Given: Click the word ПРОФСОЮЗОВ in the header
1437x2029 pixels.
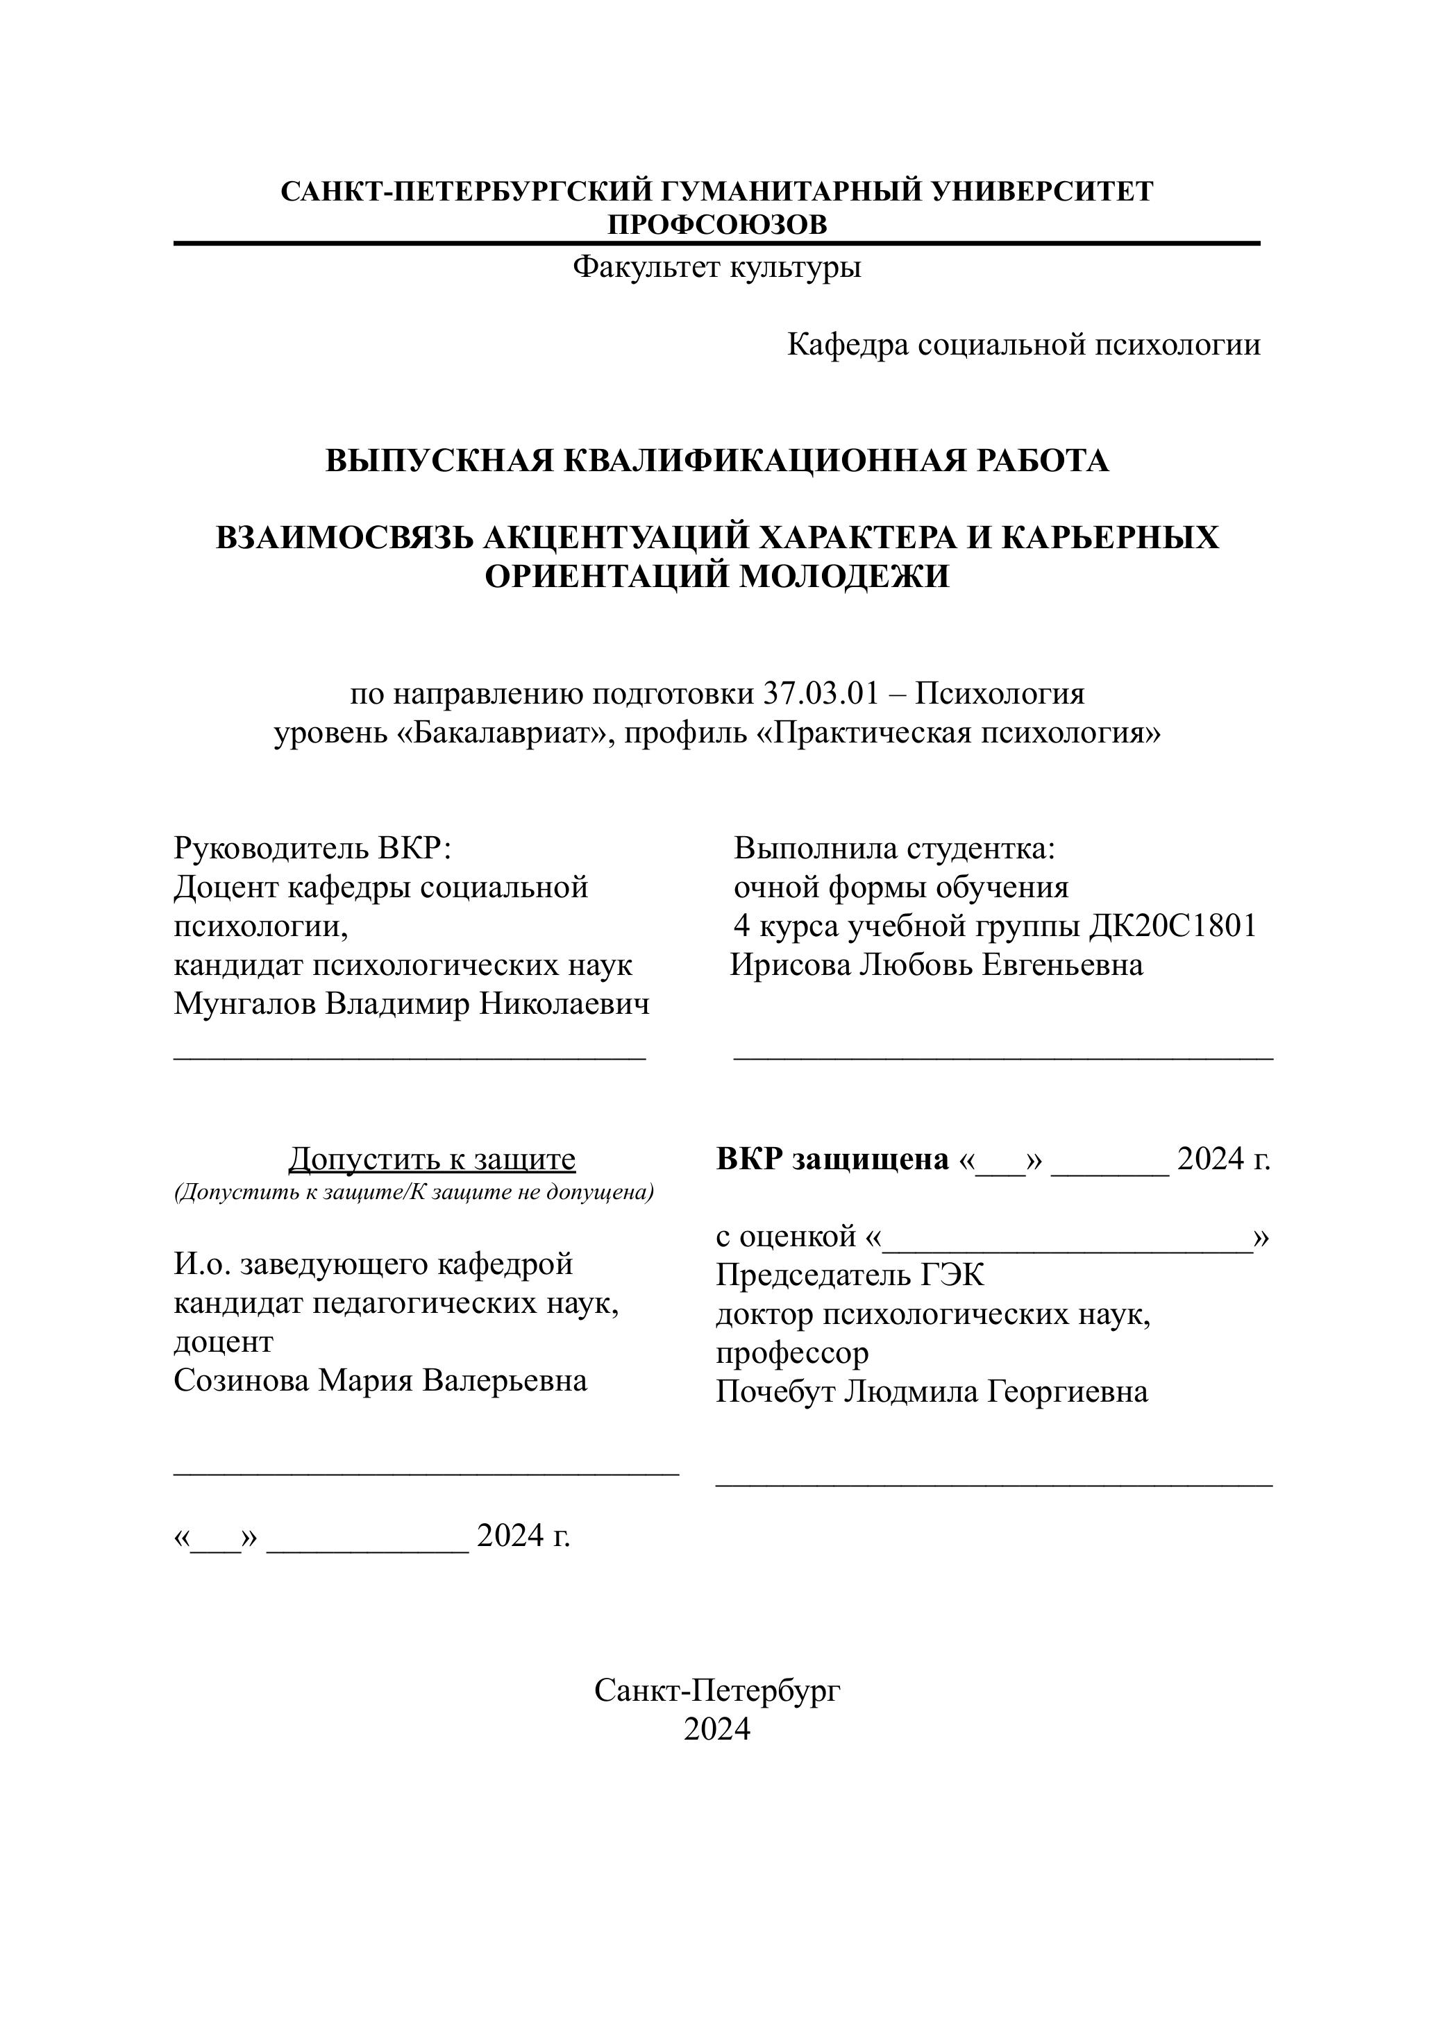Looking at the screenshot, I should (x=716, y=225).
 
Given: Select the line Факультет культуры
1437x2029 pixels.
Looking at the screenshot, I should (x=716, y=266).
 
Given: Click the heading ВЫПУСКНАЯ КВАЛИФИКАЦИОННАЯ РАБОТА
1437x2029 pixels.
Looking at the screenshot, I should (x=716, y=461).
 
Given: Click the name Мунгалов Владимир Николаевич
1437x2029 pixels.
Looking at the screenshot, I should (x=412, y=1004).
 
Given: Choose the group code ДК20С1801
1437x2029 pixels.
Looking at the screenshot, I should (x=1172, y=926).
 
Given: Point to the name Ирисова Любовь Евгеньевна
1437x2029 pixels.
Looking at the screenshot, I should (x=936, y=965).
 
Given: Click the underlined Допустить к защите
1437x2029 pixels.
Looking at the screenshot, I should (x=432, y=1159).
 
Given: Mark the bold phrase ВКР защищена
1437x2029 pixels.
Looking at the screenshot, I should (x=832, y=1159).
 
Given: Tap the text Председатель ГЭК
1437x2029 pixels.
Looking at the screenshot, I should (x=850, y=1275).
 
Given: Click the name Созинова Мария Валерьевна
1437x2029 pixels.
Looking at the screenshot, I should (x=380, y=1381).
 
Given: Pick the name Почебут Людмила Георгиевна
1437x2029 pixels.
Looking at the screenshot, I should (x=932, y=1392).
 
